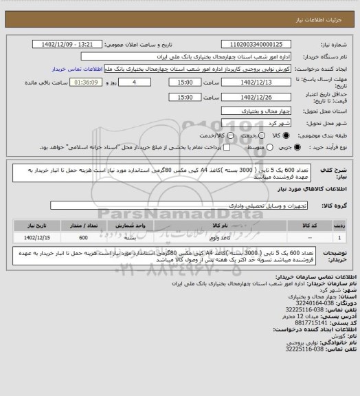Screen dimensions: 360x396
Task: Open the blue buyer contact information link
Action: point(76,69)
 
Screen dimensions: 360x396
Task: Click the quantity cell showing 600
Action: point(83,237)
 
